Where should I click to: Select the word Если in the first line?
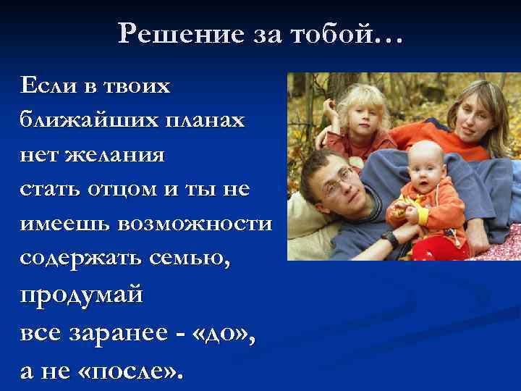[48, 86]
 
